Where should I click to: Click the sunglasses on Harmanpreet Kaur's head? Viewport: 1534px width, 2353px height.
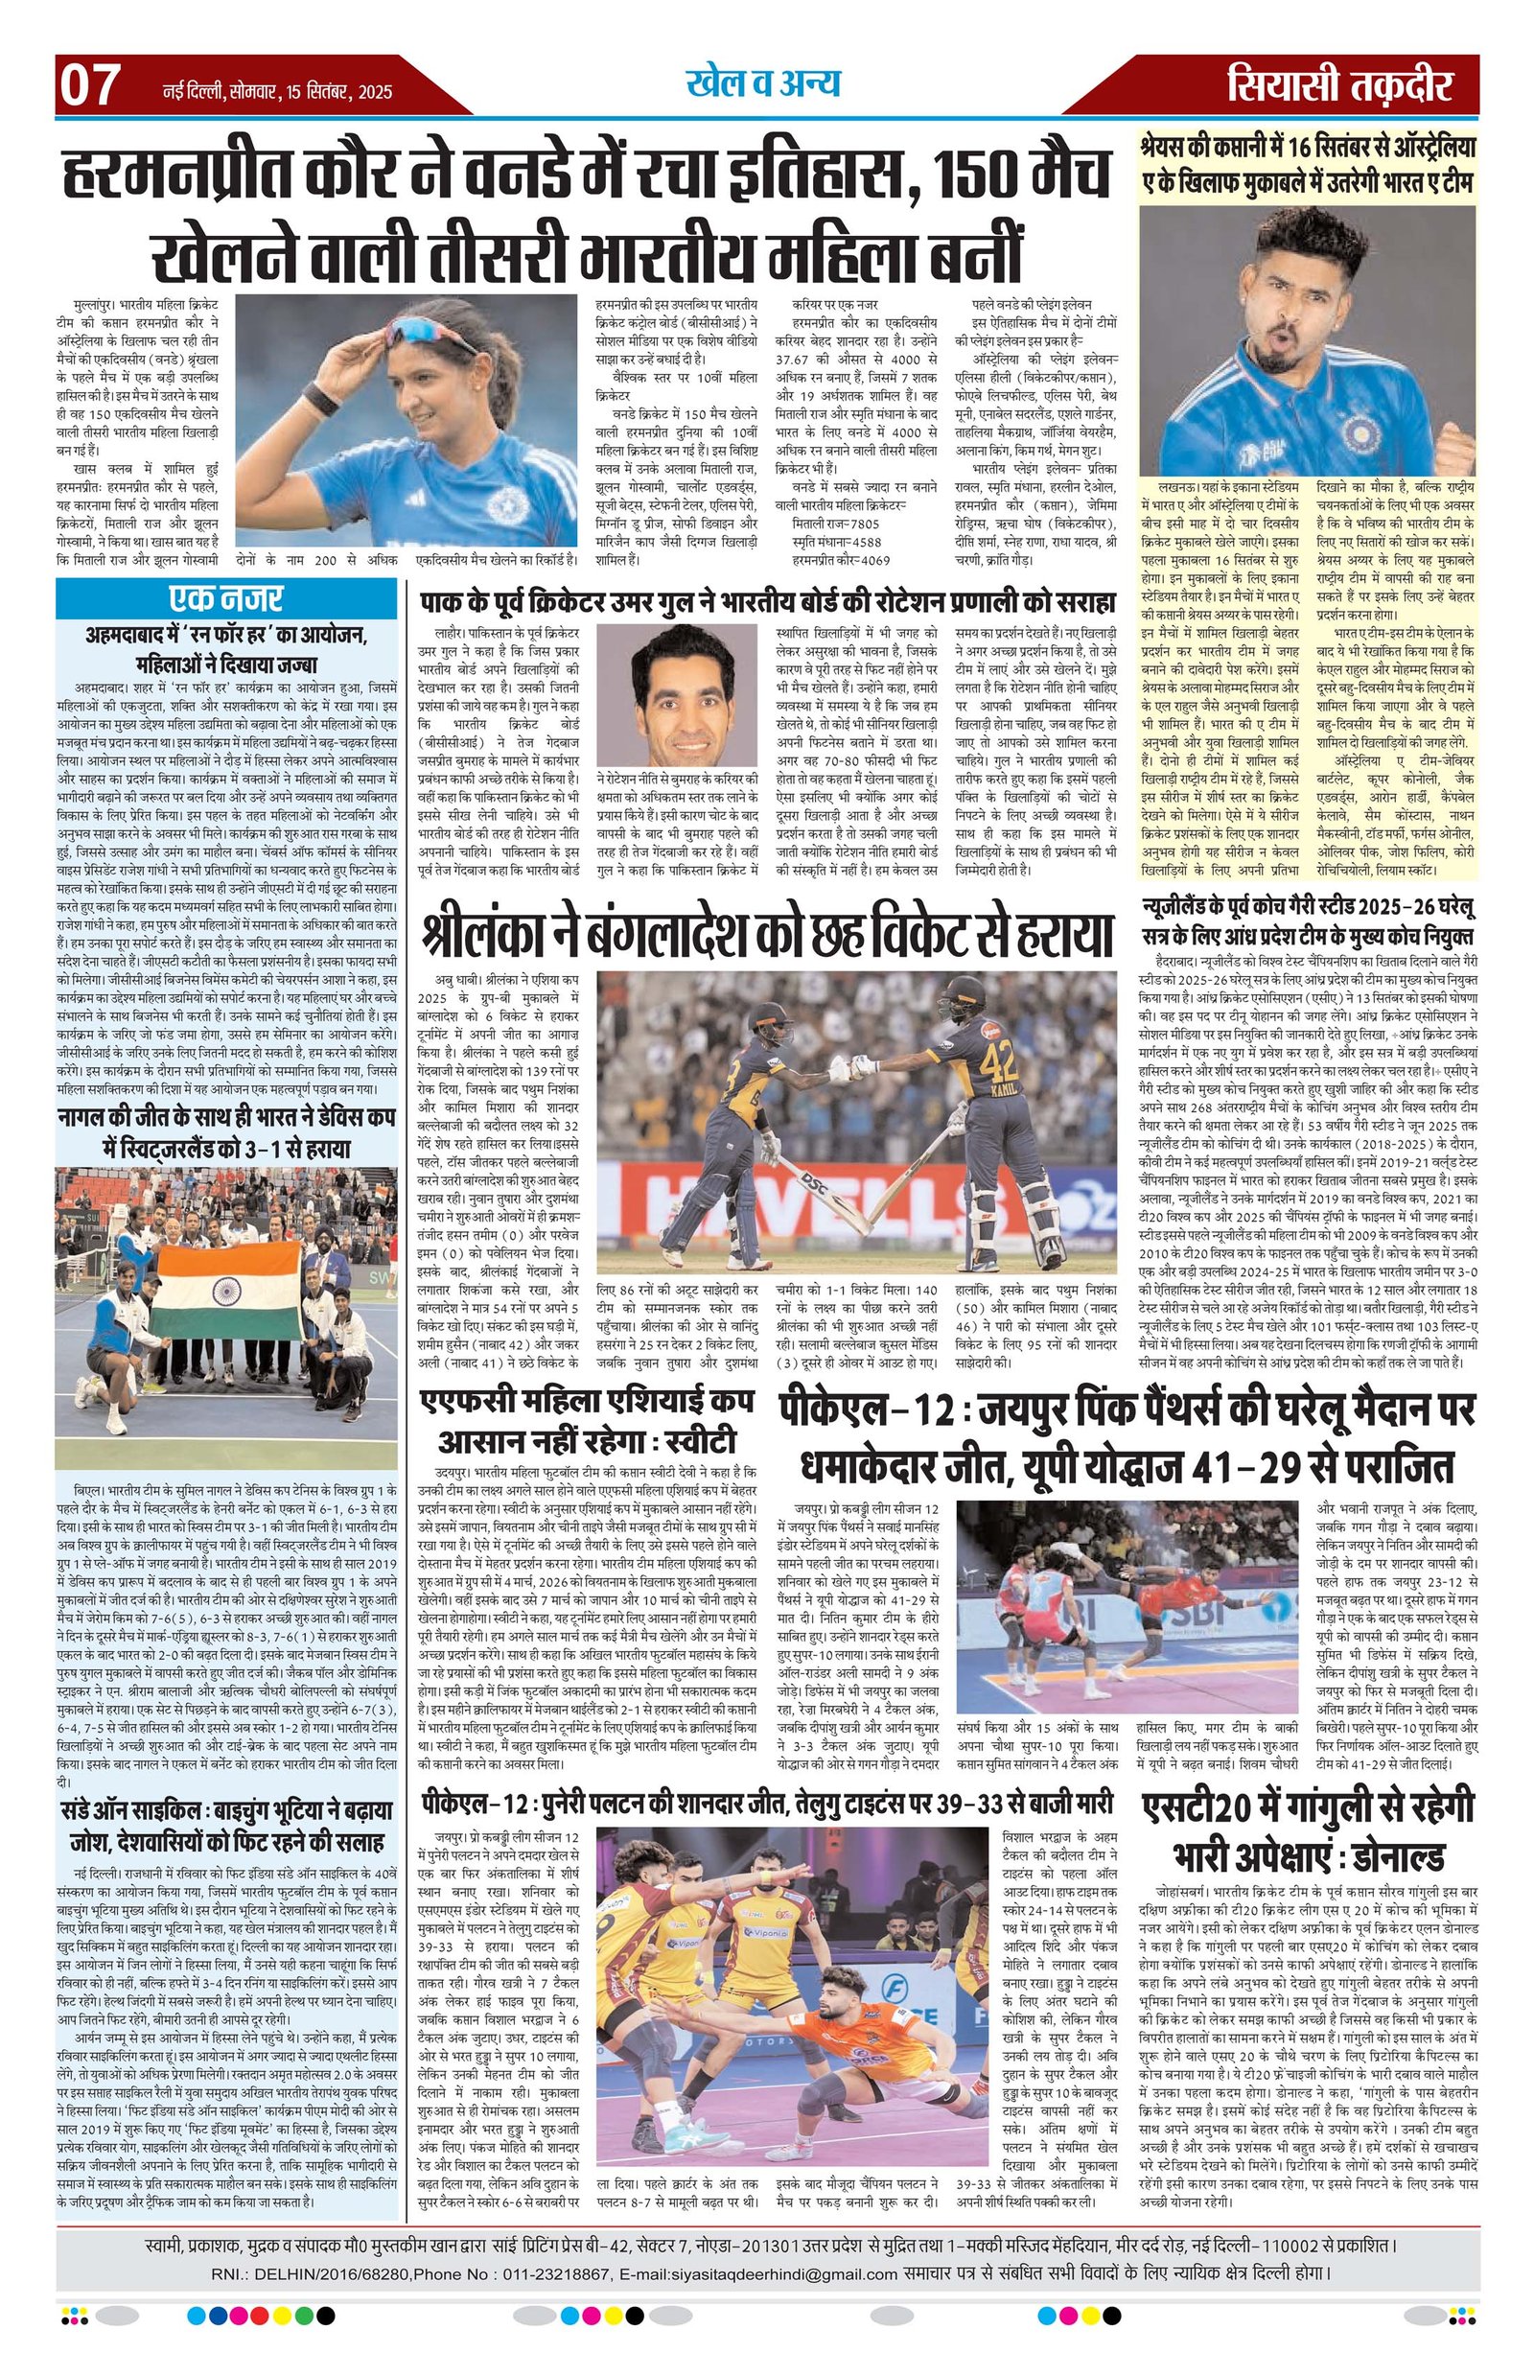pos(416,330)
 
